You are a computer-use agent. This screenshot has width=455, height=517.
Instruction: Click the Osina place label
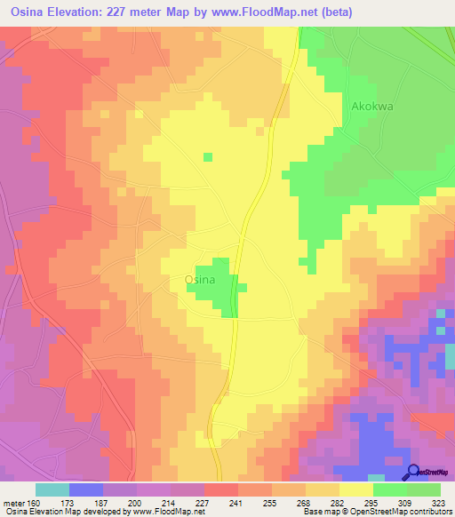[199, 278]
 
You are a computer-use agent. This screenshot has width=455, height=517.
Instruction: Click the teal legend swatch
[52, 489]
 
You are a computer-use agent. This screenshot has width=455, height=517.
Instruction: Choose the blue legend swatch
[86, 489]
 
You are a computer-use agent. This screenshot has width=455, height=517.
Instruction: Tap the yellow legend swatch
[356, 489]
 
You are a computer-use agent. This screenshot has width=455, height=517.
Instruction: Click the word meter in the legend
[14, 503]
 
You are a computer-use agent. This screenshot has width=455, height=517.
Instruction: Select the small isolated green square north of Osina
[208, 157]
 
